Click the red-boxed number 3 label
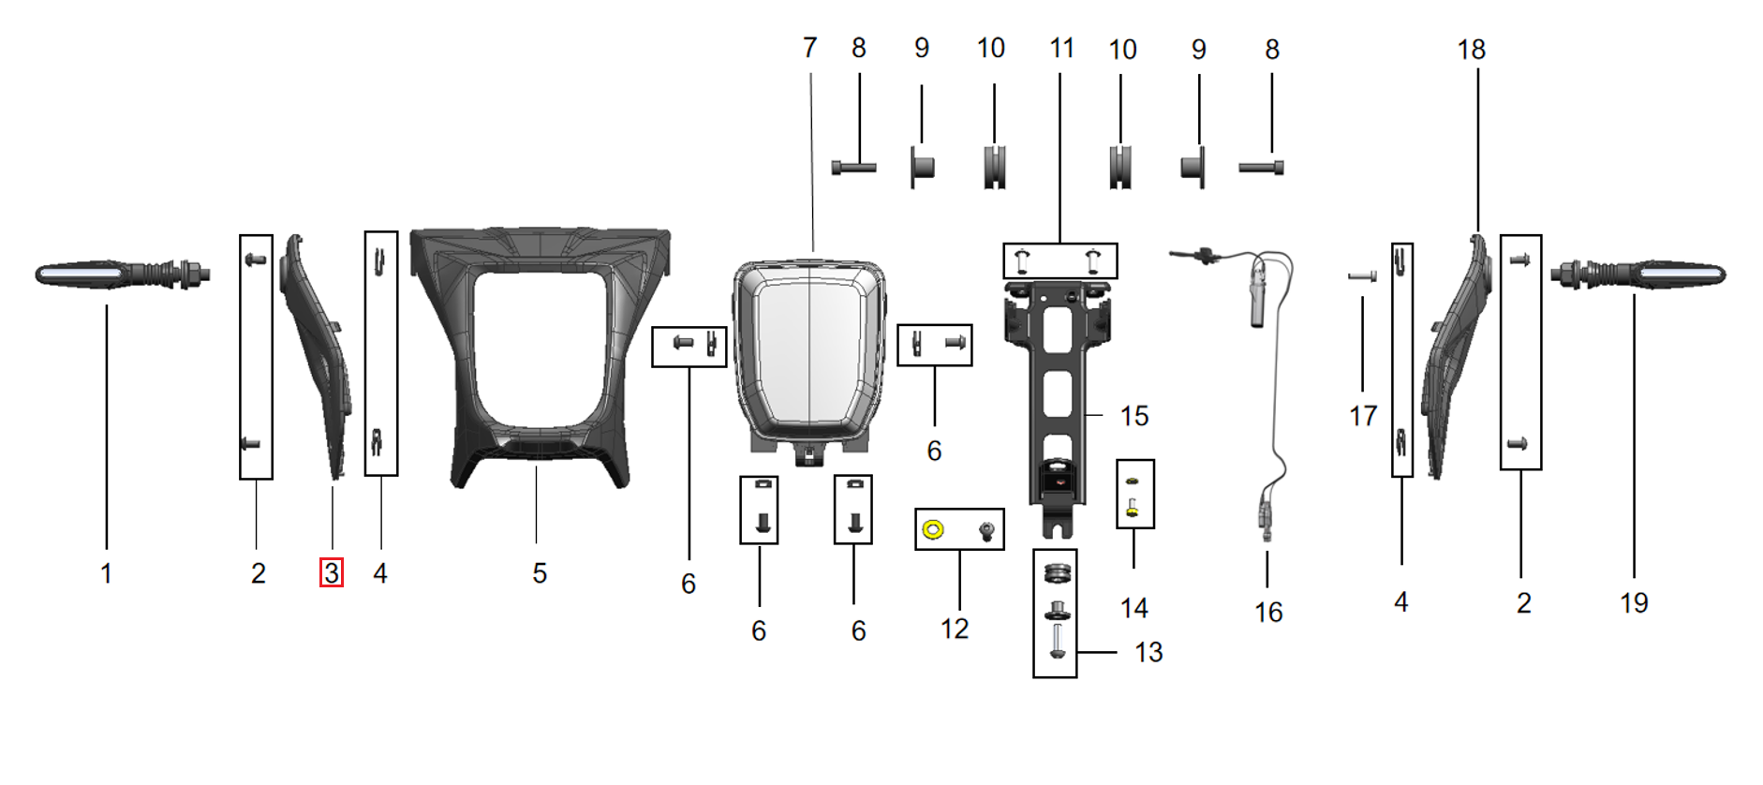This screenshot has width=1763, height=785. pos(332,572)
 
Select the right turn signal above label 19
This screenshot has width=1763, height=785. pos(1639,274)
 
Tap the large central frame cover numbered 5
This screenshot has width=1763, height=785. pos(541,356)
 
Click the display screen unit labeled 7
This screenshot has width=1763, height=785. pos(808,356)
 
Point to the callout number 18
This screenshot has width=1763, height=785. pos(1471,50)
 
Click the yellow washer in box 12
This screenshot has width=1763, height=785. pos(932,530)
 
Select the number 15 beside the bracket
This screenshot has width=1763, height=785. pos(1133,416)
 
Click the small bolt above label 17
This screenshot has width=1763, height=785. pos(1361,276)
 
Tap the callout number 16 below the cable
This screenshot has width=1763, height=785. pos(1268,613)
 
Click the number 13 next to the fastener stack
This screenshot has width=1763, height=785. pos(1148,652)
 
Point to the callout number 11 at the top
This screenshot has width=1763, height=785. pos(1061,48)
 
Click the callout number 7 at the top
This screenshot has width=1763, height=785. pos(810,48)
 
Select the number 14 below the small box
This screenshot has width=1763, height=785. pos(1133,608)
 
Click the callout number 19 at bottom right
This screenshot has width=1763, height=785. pos(1634,602)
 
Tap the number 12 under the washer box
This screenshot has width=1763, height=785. pos(955,629)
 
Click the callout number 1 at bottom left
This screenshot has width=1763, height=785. pos(107,573)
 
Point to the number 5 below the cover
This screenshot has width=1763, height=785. pos(540,573)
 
